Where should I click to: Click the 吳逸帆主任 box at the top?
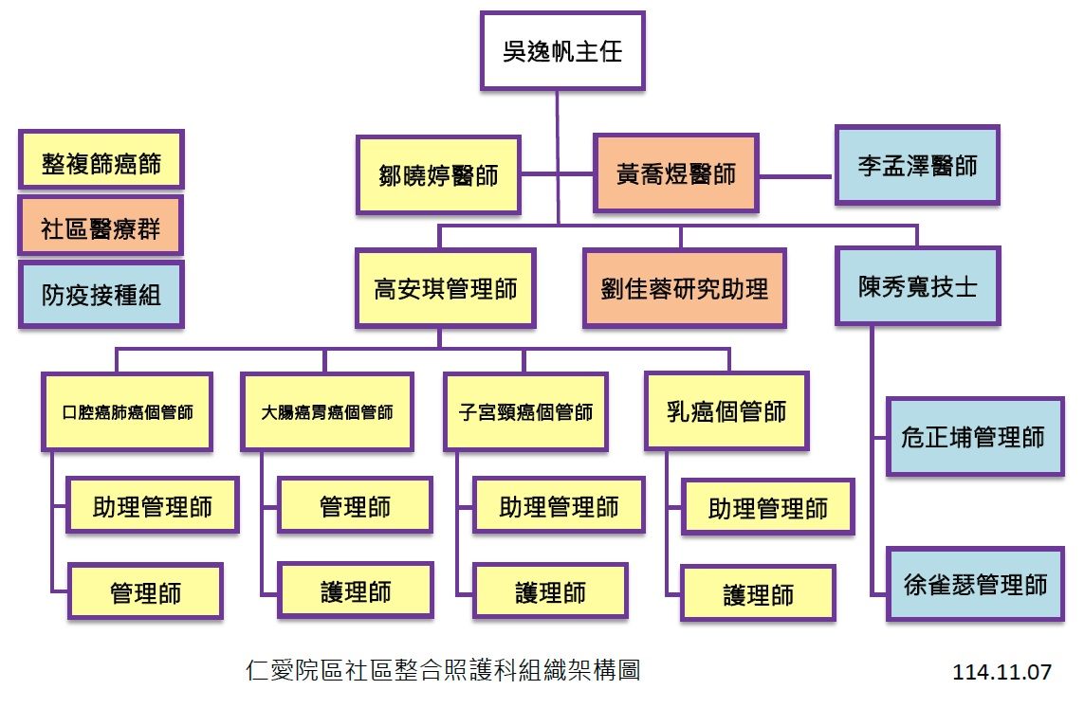pyautogui.click(x=562, y=50)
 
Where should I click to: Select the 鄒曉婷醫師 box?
pyautogui.click(x=439, y=175)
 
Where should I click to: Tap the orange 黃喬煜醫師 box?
pyautogui.click(x=675, y=173)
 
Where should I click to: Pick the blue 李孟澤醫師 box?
pyautogui.click(x=917, y=166)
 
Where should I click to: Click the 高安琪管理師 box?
pyautogui.click(x=446, y=288)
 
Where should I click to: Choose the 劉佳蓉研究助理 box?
pyautogui.click(x=684, y=288)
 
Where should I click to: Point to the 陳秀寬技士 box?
pyautogui.click(x=917, y=286)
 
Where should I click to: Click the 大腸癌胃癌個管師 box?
pyautogui.click(x=326, y=412)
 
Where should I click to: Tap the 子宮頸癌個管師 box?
pyautogui.click(x=524, y=412)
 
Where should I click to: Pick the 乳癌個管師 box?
pyautogui.click(x=726, y=410)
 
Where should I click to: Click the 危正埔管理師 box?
pyautogui.click(x=973, y=437)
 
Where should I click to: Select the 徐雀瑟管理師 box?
pyautogui.click(x=974, y=584)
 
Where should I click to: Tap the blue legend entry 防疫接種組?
pyautogui.click(x=101, y=295)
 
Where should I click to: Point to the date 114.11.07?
pyautogui.click(x=1002, y=672)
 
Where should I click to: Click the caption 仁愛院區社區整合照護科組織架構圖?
pyautogui.click(x=442, y=671)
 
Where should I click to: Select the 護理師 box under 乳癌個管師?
pyautogui.click(x=758, y=594)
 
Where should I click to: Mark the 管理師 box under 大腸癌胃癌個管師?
pyautogui.click(x=355, y=506)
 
